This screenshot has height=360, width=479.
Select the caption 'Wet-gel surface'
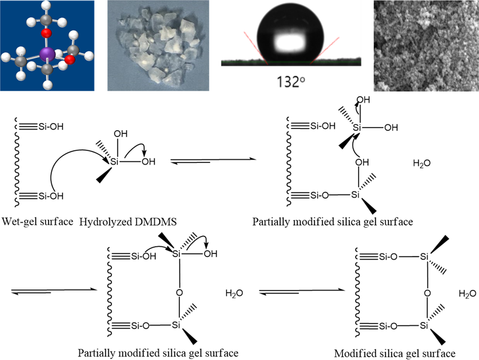point(38,220)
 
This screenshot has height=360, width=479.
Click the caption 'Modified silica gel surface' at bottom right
point(398,353)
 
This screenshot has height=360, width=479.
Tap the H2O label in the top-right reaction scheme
point(421,164)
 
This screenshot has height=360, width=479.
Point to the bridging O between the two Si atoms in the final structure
point(427,292)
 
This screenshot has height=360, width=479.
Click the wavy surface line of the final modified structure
point(357,292)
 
